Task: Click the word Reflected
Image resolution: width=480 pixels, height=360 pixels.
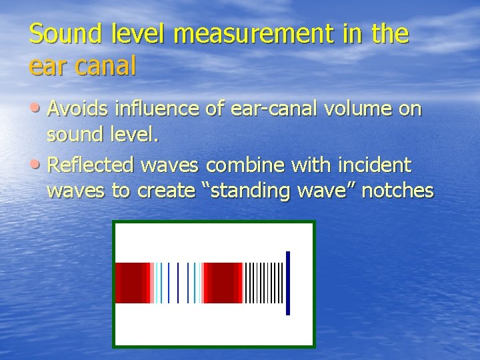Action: pyautogui.click(x=93, y=165)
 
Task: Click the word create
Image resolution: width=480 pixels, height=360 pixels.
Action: pyautogui.click(x=165, y=191)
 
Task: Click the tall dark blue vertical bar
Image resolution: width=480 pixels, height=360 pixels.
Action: pyautogui.click(x=288, y=283)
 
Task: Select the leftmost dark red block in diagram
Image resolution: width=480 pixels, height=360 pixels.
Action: pyautogui.click(x=131, y=283)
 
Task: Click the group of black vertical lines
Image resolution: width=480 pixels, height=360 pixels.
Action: pyautogui.click(x=264, y=283)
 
